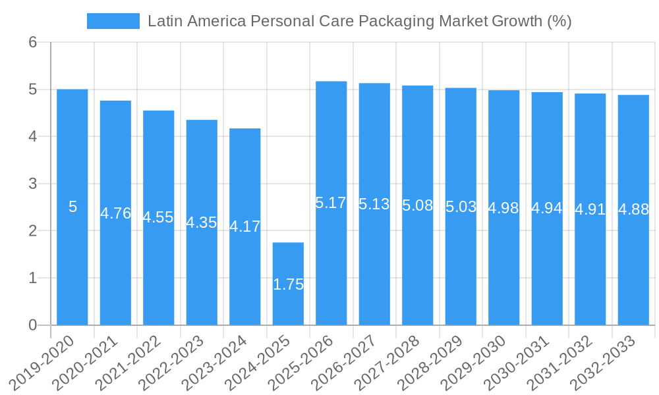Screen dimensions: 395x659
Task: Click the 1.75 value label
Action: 288,284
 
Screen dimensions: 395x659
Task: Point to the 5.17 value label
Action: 331,203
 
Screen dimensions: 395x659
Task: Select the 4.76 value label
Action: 115,213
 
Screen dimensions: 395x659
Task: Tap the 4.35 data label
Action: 202,223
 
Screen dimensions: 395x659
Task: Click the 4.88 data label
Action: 633,209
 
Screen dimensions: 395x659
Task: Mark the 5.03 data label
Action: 461,207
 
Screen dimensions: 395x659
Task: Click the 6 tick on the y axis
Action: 32,42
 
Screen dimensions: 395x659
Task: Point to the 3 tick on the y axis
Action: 32,184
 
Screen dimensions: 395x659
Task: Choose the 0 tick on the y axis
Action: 32,325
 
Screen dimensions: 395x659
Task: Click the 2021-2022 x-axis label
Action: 135,363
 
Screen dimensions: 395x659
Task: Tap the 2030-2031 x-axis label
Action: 524,363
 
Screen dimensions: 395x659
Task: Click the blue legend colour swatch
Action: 113,21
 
